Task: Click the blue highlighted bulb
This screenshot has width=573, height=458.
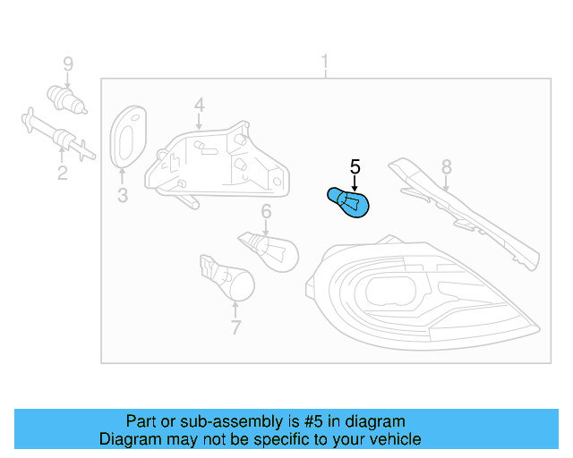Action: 348,203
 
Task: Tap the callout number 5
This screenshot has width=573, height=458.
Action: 355,167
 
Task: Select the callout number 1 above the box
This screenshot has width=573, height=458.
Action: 324,62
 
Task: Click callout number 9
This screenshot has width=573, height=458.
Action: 68,64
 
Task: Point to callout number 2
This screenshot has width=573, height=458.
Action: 63,173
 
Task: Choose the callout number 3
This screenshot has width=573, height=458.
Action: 123,195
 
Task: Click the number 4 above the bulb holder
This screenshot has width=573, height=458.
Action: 199,106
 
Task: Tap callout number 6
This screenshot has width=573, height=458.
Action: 266,211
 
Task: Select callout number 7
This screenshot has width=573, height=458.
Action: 236,327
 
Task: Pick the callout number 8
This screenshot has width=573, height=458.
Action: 447,167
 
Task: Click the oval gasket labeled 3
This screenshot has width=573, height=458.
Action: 128,137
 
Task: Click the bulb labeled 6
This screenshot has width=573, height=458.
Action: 269,251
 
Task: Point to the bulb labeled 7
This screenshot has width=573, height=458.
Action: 227,277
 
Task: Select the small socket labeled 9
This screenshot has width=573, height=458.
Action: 67,99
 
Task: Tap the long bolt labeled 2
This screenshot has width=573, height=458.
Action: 58,134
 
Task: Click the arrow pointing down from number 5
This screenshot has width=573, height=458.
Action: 355,182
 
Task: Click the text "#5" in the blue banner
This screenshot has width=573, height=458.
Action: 313,421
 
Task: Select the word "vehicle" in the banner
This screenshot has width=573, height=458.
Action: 398,439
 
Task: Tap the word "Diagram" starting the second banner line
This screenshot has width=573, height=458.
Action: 130,439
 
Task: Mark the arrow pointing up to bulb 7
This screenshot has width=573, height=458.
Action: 235,310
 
